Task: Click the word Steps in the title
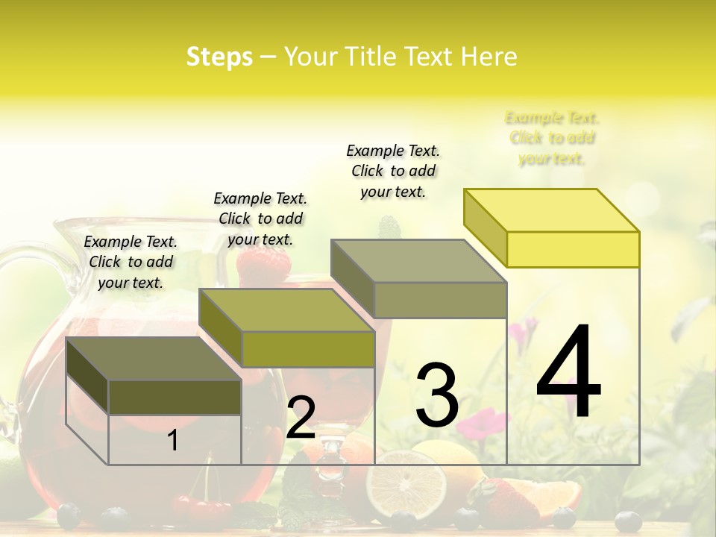219,57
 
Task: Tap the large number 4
568,373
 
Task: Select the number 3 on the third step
437,395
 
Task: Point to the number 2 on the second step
301,418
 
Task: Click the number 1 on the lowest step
173,441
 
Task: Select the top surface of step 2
287,310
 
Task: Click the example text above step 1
131,262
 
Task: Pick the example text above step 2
260,219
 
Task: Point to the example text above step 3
393,171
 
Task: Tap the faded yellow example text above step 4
552,138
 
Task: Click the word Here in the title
489,57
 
